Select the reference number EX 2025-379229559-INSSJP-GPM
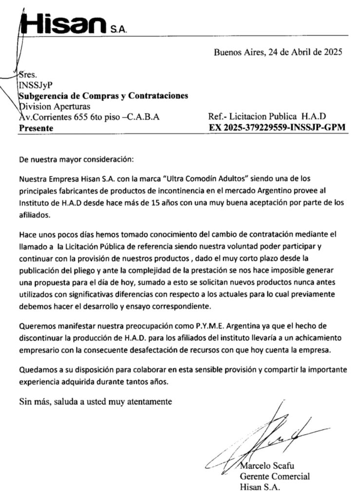click(x=276, y=128)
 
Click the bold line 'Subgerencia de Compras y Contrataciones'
click(x=103, y=96)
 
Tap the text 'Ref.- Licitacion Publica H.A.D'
click(x=266, y=117)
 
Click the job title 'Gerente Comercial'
click(x=275, y=477)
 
